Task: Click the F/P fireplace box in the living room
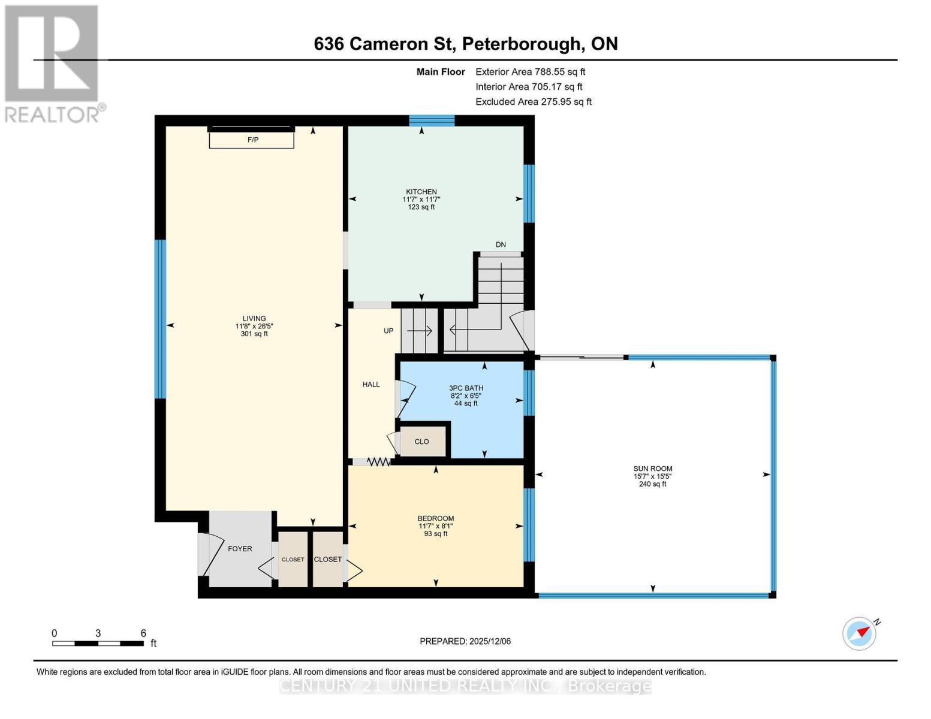(252, 140)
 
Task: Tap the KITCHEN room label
(421, 192)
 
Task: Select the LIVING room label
(254, 319)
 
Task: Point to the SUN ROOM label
(653, 469)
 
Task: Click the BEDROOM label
(436, 518)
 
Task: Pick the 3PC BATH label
(466, 388)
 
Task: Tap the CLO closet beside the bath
(422, 442)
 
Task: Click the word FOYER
(240, 549)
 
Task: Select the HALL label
(371, 385)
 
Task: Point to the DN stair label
(501, 244)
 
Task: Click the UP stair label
(388, 331)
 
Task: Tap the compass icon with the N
(860, 633)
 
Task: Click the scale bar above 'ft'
(98, 644)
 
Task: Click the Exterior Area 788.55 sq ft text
(530, 72)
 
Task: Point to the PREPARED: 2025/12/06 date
(465, 641)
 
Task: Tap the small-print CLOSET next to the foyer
(293, 560)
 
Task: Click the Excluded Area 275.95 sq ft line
(534, 102)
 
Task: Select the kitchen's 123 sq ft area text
(421, 207)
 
